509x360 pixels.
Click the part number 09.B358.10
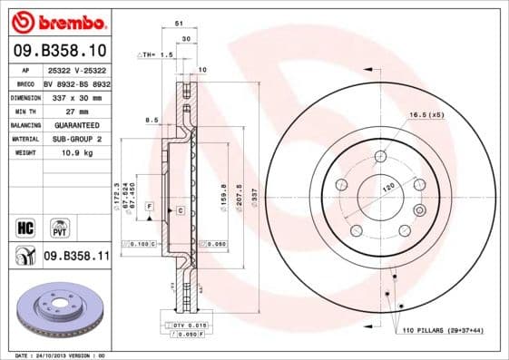pyautogui.click(x=58, y=50)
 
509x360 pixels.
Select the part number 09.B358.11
pyautogui.click(x=76, y=257)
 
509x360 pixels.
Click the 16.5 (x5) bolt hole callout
pyautogui.click(x=426, y=116)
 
